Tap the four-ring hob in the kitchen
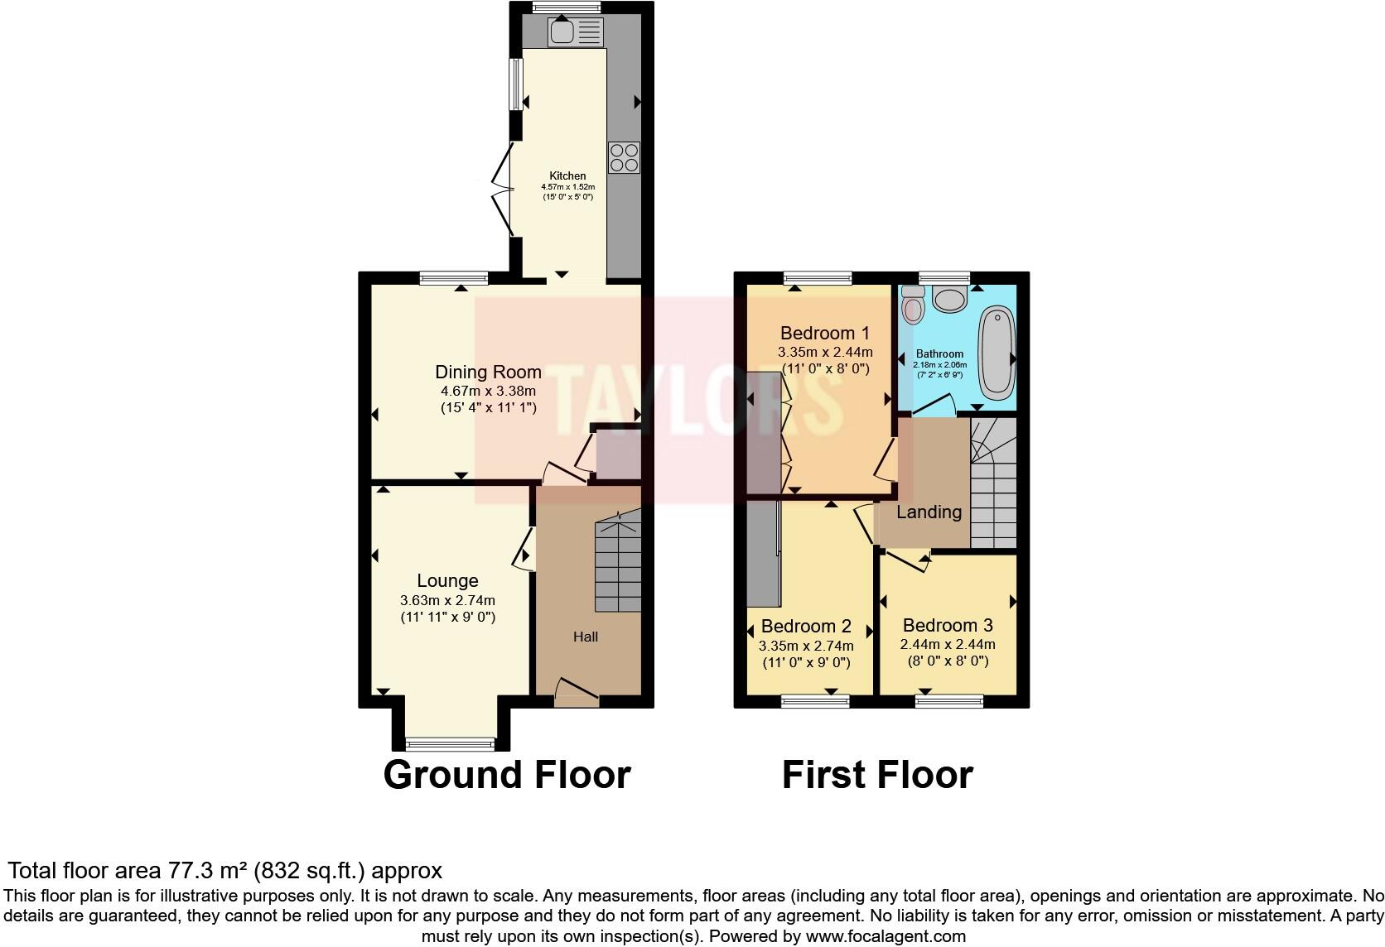(x=624, y=157)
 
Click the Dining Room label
(x=488, y=373)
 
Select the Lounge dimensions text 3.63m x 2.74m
(x=447, y=600)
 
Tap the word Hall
(x=585, y=637)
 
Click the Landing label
(x=929, y=512)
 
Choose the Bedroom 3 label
(x=948, y=625)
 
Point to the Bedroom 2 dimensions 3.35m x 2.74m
(x=805, y=645)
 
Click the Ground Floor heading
(x=507, y=775)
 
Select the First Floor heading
(x=877, y=775)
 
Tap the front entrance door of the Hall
(x=577, y=694)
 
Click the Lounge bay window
(x=450, y=742)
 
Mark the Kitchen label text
(x=567, y=175)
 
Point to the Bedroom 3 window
(x=949, y=701)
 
